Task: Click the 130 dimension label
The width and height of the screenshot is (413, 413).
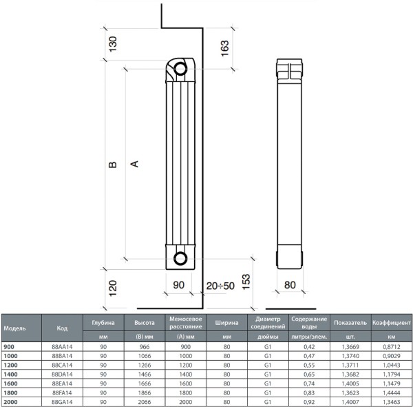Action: [x=112, y=44]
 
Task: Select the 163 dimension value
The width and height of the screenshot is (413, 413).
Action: [x=224, y=48]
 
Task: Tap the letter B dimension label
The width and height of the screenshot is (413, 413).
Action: [x=112, y=165]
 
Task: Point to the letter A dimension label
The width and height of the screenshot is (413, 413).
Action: [x=134, y=164]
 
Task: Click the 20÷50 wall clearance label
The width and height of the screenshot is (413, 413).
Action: [x=220, y=286]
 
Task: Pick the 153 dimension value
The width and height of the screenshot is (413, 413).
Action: [x=246, y=282]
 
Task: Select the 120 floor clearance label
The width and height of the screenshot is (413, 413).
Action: [x=112, y=288]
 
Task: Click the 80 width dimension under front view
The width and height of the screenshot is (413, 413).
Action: [x=290, y=285]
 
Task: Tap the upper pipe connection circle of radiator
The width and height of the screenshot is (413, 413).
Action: [x=180, y=69]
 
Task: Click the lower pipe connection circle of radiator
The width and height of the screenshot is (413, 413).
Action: [x=180, y=258]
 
